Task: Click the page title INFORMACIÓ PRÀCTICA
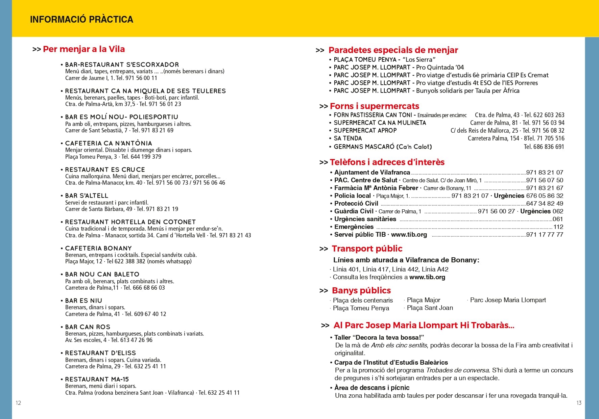point(81,20)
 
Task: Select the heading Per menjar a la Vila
point(84,49)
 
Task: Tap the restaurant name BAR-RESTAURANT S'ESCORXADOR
point(122,64)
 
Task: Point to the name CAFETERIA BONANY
point(98,248)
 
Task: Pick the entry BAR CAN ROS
point(88,327)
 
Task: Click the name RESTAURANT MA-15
point(97,379)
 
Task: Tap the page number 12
point(18,403)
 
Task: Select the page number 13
point(579,403)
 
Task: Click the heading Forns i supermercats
point(374,106)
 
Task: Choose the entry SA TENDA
point(348,138)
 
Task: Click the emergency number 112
point(558,227)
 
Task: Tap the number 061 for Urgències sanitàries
point(558,219)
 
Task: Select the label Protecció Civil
point(356,204)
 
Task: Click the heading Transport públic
point(367,249)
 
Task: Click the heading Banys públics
point(361,291)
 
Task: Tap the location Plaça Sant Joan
point(430,308)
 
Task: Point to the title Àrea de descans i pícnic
point(372,388)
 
